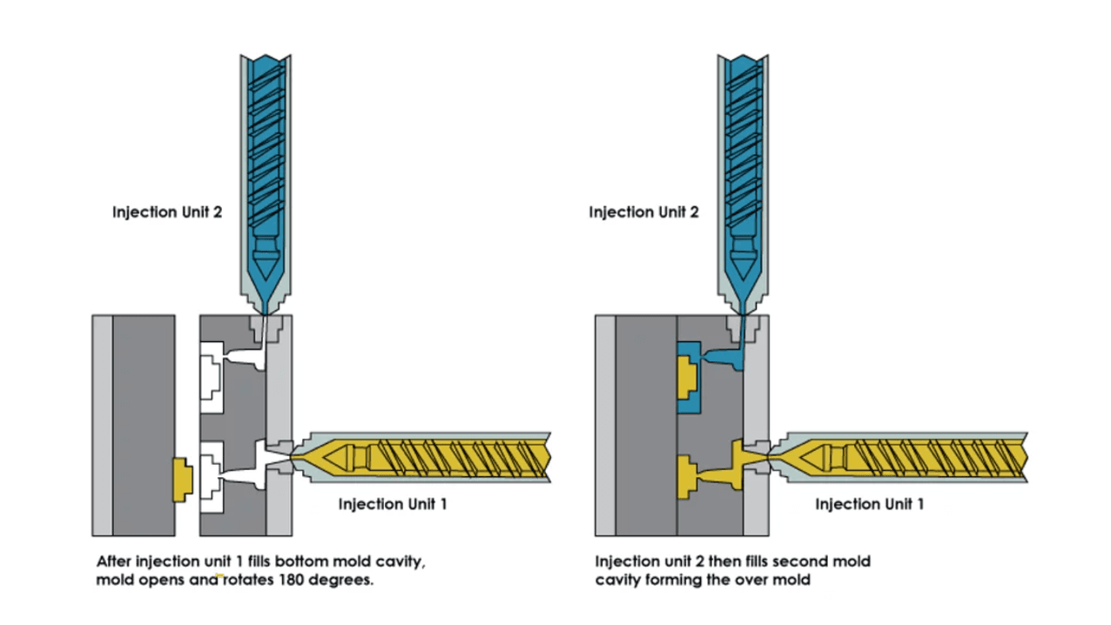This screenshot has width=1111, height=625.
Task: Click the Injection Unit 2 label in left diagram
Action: pyautogui.click(x=167, y=212)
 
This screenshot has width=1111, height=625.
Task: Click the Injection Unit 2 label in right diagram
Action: pyautogui.click(x=643, y=212)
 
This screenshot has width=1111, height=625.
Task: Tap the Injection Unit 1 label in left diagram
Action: pyautogui.click(x=393, y=504)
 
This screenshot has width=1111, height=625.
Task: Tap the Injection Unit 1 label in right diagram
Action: pyautogui.click(x=870, y=504)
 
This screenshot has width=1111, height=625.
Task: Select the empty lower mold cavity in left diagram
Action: pyautogui.click(x=211, y=475)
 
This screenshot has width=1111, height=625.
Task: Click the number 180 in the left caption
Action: pyautogui.click(x=293, y=580)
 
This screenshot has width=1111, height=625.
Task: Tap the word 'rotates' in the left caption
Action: pyautogui.click(x=247, y=580)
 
